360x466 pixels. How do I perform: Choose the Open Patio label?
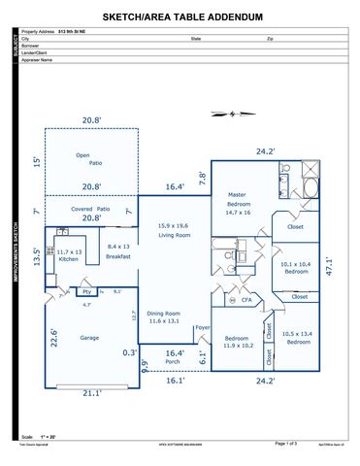(x=89, y=159)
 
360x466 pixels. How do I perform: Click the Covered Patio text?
(x=91, y=208)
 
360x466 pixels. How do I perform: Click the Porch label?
(x=173, y=362)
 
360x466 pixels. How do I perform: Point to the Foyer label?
(x=202, y=328)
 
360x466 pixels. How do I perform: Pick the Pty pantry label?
(x=86, y=291)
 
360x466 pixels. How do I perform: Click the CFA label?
(x=246, y=301)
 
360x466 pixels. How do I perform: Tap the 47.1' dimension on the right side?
(x=329, y=265)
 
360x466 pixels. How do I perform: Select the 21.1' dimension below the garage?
(x=90, y=393)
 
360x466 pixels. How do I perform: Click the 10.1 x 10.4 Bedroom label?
(x=296, y=268)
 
